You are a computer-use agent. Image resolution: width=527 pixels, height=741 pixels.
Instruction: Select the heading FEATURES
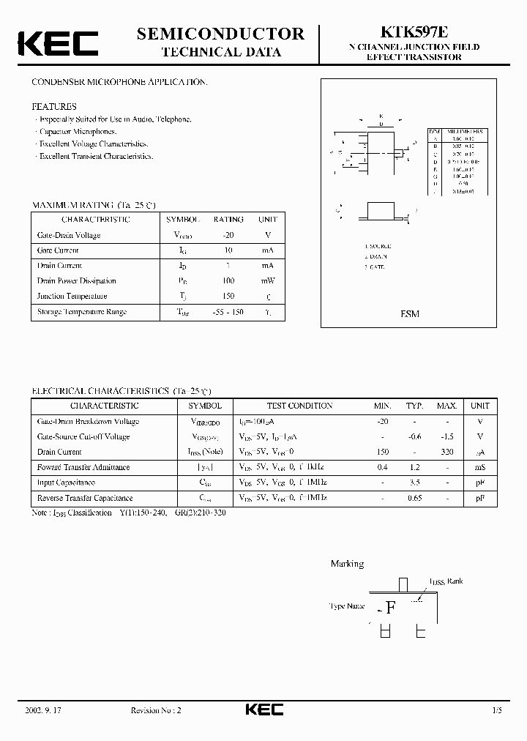pos(54,106)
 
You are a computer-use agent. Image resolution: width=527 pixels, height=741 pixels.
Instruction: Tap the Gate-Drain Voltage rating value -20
pos(228,235)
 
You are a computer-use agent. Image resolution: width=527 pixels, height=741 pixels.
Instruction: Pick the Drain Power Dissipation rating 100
pos(228,280)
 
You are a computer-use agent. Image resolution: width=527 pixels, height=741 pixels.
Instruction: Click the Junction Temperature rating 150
pos(228,296)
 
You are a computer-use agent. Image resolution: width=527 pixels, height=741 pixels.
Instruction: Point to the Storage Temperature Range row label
pos(82,312)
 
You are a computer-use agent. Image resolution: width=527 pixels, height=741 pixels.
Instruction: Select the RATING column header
pos(228,219)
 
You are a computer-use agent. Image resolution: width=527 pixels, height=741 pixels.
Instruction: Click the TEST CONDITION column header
pos(300,406)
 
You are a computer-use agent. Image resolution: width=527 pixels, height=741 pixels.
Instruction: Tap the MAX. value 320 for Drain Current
pos(446,452)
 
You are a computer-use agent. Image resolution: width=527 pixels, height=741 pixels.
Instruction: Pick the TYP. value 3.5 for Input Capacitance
pos(415,483)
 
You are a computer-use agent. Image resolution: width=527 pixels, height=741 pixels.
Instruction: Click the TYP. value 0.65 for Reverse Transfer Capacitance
pos(415,498)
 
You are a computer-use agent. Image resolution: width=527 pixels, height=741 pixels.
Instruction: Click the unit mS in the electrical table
pos(480,467)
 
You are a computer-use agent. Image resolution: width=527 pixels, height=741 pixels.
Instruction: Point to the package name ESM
pos(410,313)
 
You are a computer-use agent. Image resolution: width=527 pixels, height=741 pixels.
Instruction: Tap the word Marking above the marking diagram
pos(347,564)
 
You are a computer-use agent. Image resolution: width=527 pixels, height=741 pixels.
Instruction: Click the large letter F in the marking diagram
pos(391,607)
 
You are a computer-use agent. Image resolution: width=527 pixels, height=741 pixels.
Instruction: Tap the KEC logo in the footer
pos(263,710)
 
